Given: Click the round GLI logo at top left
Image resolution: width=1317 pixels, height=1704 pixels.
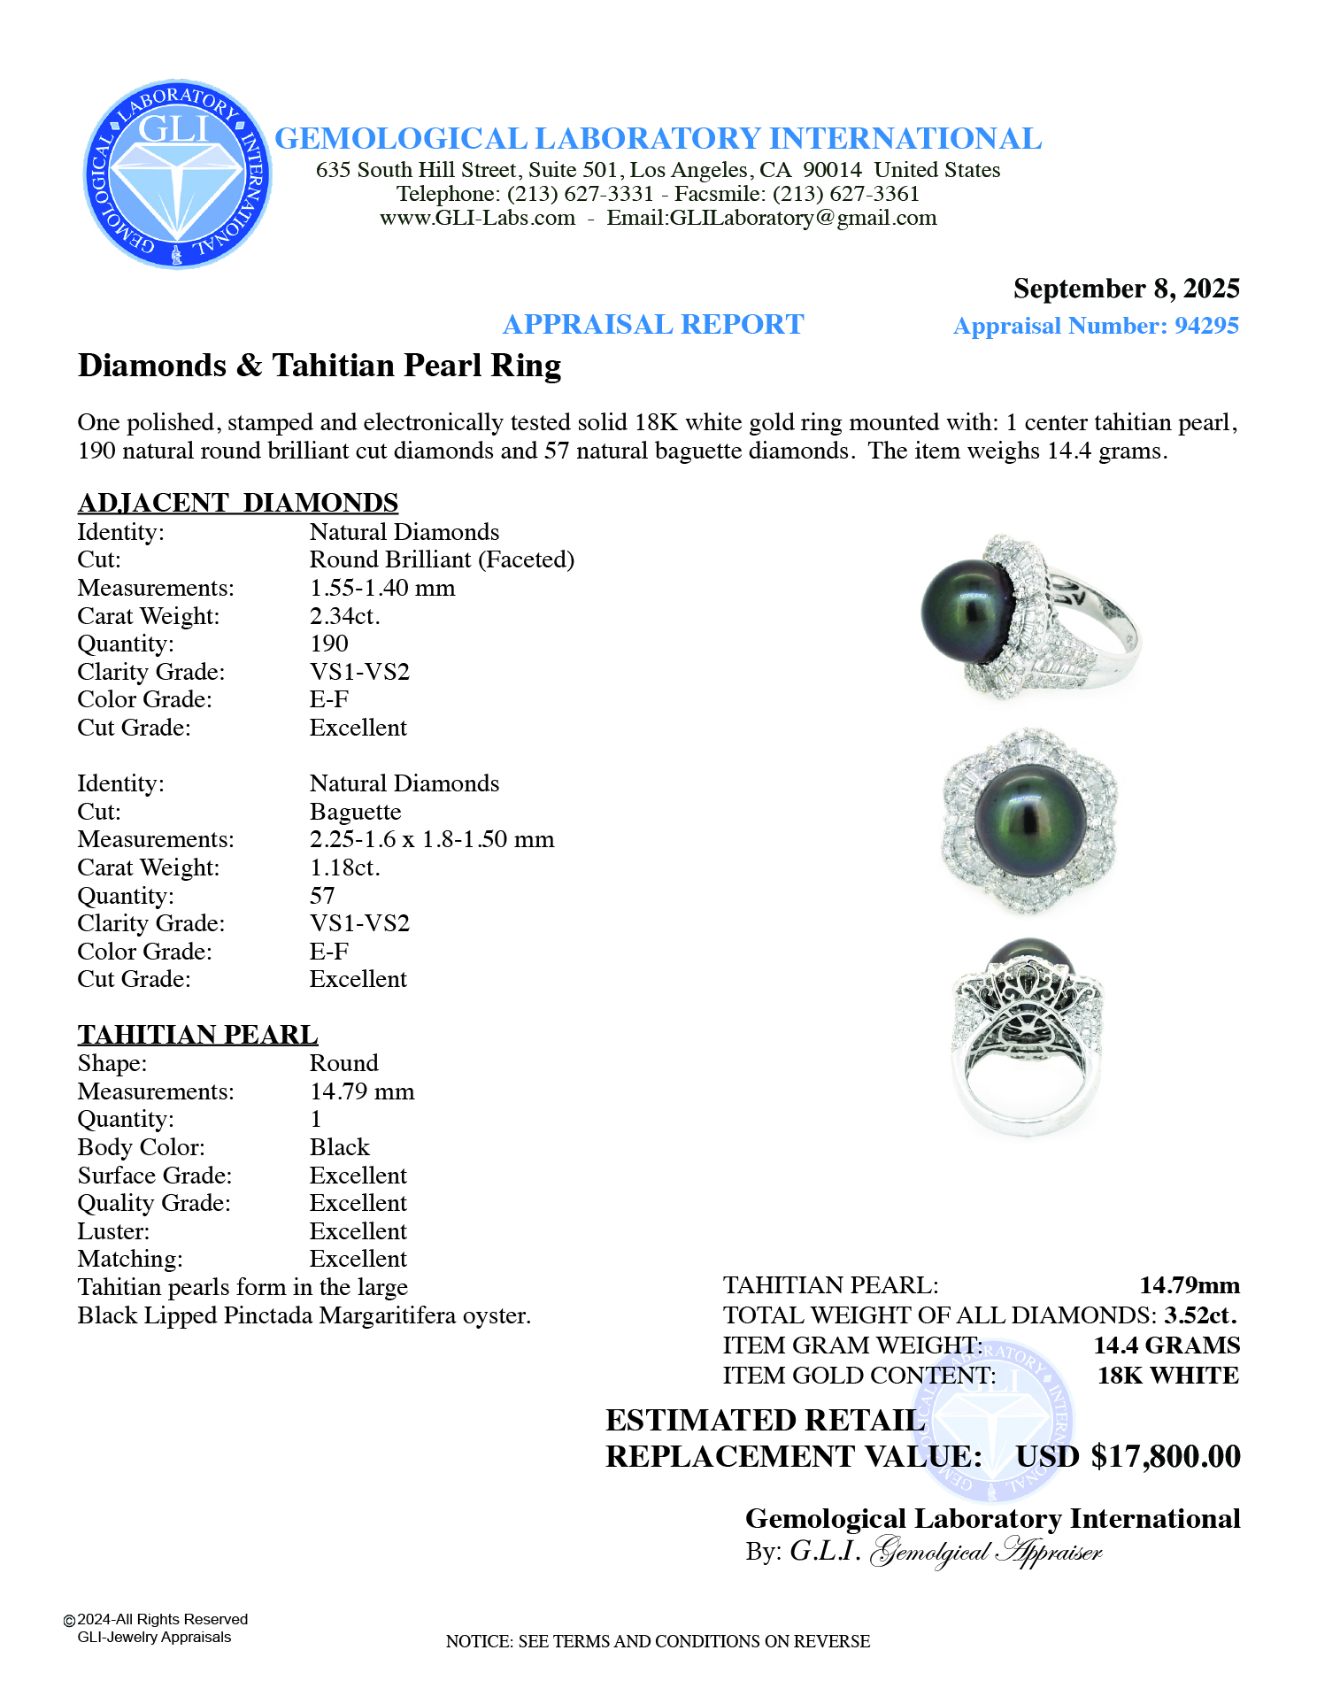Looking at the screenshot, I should click(177, 174).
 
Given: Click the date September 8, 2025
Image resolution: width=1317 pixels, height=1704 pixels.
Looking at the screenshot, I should click(1126, 289).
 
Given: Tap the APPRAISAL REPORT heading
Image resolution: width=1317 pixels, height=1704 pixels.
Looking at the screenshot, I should click(653, 325).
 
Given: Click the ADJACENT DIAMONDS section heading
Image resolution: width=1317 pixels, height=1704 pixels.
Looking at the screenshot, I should click(238, 503).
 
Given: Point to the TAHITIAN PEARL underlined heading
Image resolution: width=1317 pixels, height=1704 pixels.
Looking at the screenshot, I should click(197, 1035).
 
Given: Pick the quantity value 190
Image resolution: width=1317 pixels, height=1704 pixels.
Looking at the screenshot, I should click(329, 644).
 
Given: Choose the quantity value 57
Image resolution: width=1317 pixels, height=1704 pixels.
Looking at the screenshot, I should click(322, 896).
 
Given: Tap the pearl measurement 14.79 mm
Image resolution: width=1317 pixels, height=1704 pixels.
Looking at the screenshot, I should click(362, 1091).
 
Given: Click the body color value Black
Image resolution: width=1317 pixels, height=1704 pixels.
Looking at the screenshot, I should click(339, 1147).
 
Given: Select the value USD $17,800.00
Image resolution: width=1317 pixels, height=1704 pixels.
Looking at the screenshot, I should click(1128, 1456).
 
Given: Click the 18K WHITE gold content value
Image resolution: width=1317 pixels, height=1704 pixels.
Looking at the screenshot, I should click(1168, 1376).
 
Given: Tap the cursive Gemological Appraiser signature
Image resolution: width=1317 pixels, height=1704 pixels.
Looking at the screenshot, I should click(986, 1552).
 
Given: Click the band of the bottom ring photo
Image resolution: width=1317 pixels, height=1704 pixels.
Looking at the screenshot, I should click(1027, 1115).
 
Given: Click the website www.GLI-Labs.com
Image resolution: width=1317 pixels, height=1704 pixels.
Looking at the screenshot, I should click(477, 219).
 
